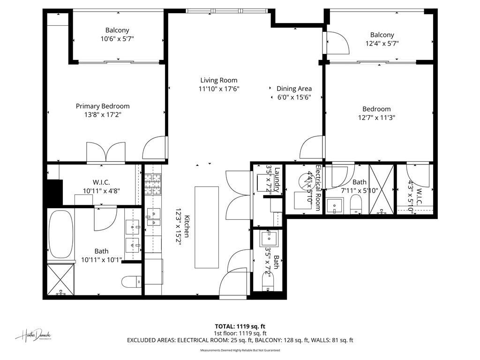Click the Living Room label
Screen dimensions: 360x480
pyautogui.click(x=219, y=80)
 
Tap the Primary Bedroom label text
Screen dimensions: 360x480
pyautogui.click(x=103, y=106)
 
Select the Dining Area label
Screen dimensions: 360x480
pyautogui.click(x=294, y=89)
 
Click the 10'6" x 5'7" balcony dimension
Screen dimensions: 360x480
pyautogui.click(x=117, y=39)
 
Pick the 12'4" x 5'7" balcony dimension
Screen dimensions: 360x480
pyautogui.click(x=382, y=43)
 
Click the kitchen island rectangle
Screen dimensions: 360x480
pyautogui.click(x=206, y=227)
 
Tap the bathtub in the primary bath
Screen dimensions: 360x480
pyautogui.click(x=61, y=234)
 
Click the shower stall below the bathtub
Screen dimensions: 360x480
pyautogui.click(x=60, y=279)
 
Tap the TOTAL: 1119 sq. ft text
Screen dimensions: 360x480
pyautogui.click(x=240, y=326)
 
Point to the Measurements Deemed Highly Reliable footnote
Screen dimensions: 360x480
pyautogui.click(x=240, y=350)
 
